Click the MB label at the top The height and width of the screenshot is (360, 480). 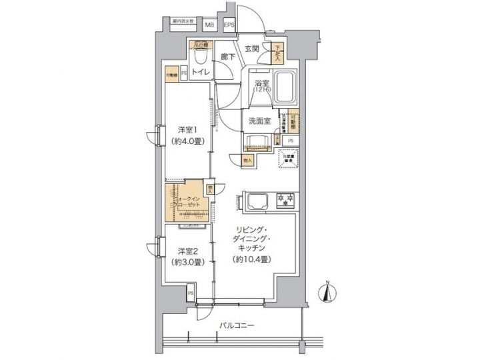click(209, 25)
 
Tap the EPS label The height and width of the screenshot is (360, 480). click(229, 25)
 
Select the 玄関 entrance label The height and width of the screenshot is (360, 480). click(251, 49)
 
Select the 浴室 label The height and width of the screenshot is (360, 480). click(261, 84)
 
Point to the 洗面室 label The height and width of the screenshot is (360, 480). click(259, 121)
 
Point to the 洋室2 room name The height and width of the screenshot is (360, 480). click(186, 251)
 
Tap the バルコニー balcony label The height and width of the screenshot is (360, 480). click(235, 326)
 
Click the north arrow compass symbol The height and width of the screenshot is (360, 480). click(327, 292)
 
